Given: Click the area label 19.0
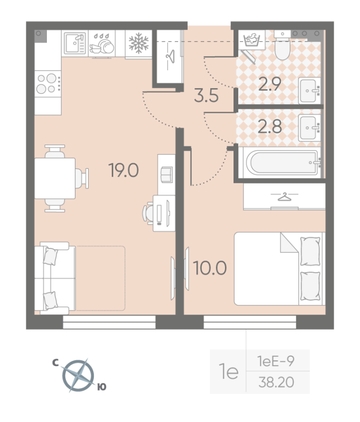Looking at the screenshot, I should [123, 170].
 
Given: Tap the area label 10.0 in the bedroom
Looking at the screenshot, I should [210, 268].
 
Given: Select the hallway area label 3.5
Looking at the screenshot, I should [206, 97].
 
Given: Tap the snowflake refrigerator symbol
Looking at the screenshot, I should [138, 43].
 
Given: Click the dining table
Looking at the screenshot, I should [55, 178].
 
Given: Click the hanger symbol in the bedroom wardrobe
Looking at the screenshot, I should [284, 197].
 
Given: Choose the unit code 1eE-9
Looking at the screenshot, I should [275, 361].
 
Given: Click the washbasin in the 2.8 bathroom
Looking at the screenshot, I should [308, 126].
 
